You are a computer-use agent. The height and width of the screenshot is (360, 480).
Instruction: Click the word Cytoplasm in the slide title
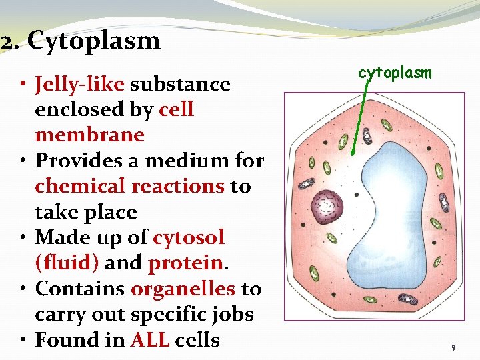tap(94, 42)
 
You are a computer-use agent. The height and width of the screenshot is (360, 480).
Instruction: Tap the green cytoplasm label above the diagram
tap(395, 73)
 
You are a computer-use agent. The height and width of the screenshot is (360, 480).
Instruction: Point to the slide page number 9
tap(453, 348)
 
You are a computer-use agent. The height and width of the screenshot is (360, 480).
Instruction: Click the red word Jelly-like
tap(80, 84)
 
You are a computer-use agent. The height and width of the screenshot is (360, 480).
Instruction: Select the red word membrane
tap(89, 135)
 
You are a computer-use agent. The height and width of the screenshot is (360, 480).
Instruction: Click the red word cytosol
tap(188, 237)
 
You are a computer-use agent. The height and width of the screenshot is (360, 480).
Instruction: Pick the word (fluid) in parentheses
tap(67, 263)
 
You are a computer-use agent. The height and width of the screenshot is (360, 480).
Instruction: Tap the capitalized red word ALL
tap(150, 340)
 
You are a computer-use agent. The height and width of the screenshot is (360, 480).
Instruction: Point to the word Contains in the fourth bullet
tap(80, 289)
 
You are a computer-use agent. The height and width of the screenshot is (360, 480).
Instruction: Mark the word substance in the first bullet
tap(180, 84)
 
